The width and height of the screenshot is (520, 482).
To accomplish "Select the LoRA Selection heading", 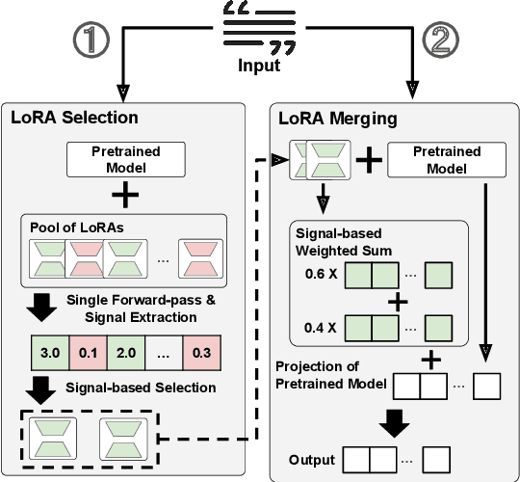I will tap(74, 119).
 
